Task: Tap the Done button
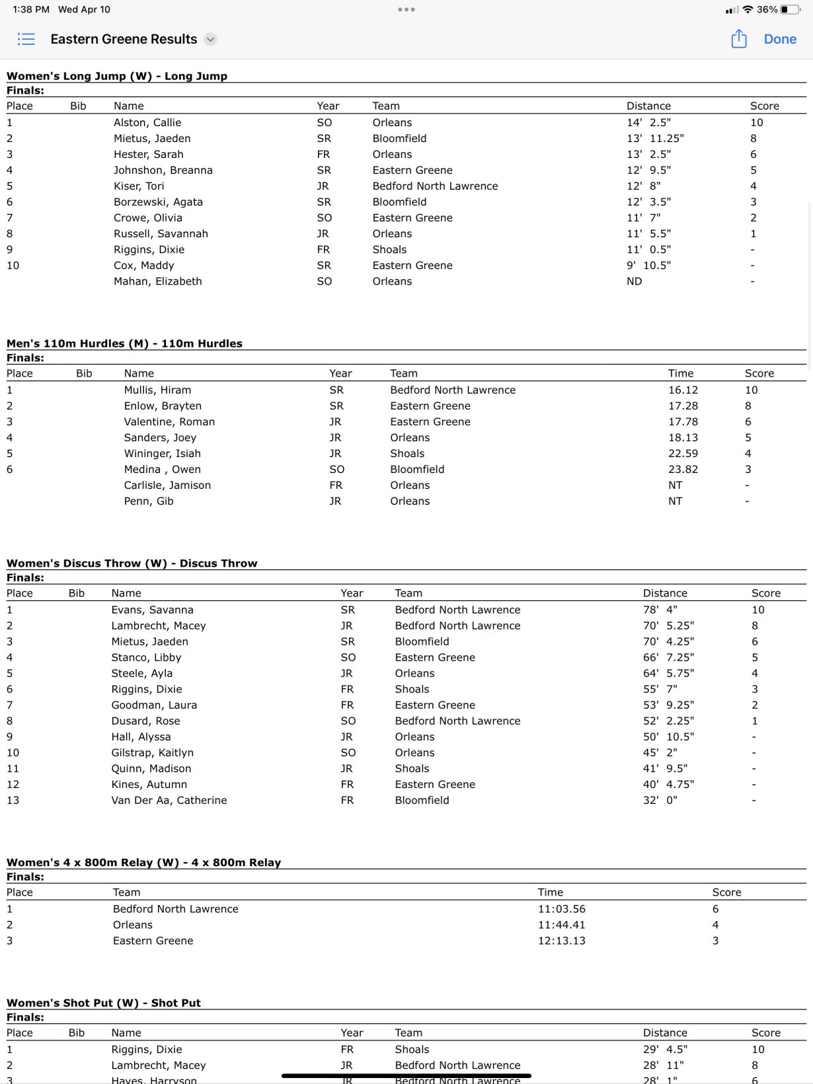(x=780, y=39)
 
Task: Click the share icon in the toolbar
(x=738, y=39)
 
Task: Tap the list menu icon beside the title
(x=26, y=39)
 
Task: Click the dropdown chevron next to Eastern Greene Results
(x=210, y=39)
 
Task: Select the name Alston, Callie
(x=147, y=122)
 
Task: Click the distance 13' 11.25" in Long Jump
(x=655, y=138)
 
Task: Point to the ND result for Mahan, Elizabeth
(x=634, y=281)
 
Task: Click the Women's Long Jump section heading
(x=117, y=76)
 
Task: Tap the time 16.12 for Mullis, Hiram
(x=683, y=390)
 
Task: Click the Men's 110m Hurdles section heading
(x=124, y=343)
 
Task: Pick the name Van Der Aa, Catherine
(x=169, y=800)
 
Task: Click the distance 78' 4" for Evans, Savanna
(x=660, y=610)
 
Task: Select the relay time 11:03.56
(x=561, y=909)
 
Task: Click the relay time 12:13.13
(x=561, y=941)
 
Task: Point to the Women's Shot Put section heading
(x=104, y=1003)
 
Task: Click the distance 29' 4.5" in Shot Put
(x=665, y=1049)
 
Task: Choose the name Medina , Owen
(x=162, y=469)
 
